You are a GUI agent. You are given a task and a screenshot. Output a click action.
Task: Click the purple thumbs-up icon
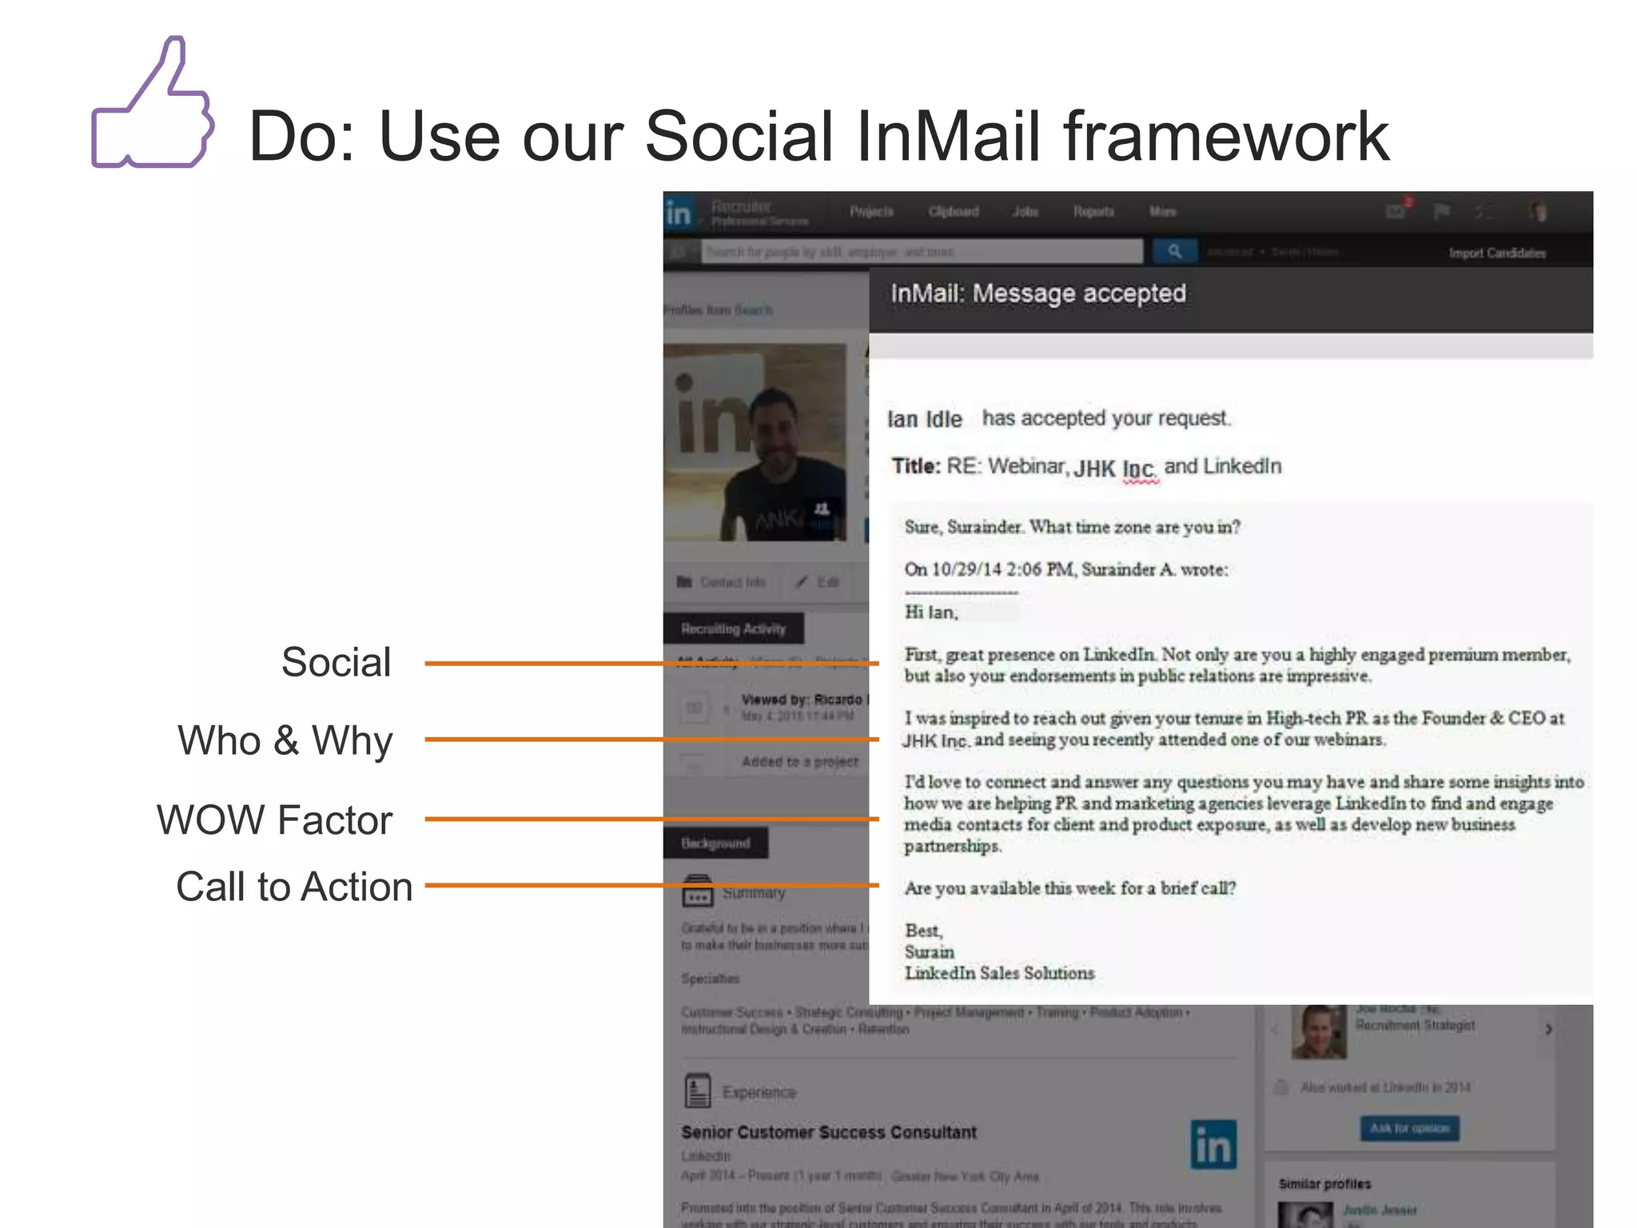(152, 108)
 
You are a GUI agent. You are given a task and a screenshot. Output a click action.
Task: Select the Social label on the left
(336, 663)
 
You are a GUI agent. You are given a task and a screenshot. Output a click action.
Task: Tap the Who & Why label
(285, 740)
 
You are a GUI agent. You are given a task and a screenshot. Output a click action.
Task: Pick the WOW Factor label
(274, 820)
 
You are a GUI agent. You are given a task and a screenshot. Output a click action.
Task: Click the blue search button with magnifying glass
(1174, 252)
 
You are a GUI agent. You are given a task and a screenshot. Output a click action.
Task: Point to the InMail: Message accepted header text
(1038, 293)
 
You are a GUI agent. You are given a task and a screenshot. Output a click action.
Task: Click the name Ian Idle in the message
(924, 419)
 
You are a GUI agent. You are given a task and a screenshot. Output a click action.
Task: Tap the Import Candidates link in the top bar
(1496, 253)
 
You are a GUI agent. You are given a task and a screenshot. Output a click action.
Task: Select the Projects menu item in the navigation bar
(871, 212)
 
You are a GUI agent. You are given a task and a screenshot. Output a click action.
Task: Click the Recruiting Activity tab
(733, 629)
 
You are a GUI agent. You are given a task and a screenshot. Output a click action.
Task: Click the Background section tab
(715, 843)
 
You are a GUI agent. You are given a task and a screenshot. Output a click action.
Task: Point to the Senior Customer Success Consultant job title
(828, 1132)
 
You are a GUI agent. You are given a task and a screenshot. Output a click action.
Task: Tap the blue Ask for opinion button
(1409, 1128)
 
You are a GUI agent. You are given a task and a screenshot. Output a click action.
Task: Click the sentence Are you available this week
(1069, 888)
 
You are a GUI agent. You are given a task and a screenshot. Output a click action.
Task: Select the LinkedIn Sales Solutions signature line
(999, 973)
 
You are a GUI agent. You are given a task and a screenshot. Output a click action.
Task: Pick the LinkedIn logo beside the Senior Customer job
(1213, 1145)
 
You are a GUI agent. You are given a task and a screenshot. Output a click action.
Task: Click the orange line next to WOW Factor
(651, 819)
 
